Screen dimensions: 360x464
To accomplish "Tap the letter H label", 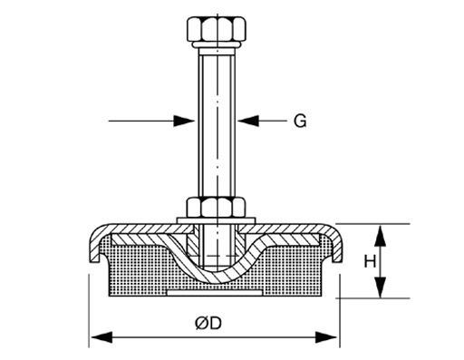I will pyautogui.click(x=369, y=261).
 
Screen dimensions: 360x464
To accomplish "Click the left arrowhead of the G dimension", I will pyautogui.click(x=186, y=120).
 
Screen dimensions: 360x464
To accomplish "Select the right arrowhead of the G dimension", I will pyautogui.click(x=246, y=120).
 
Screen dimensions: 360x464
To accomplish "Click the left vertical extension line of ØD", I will pyautogui.click(x=90, y=308).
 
